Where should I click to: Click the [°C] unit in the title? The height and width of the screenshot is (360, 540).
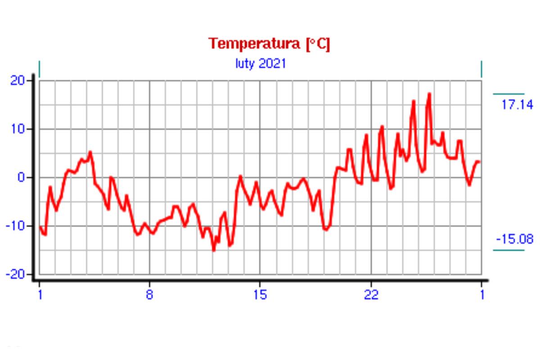[318, 44]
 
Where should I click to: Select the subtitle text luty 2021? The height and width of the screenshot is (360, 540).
[261, 63]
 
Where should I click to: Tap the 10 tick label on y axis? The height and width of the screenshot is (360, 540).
[19, 129]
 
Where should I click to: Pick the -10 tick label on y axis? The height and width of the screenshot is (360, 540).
[17, 225]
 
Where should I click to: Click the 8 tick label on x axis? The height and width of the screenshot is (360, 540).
[149, 295]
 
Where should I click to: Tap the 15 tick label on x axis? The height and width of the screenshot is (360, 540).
[260, 295]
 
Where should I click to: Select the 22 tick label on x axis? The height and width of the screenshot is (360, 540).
[371, 295]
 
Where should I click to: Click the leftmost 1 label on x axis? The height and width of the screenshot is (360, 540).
[40, 295]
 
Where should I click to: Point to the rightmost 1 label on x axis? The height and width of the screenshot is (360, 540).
[482, 295]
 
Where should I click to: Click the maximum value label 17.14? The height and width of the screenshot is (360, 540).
[517, 105]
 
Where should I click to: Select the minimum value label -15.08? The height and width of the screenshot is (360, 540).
[514, 238]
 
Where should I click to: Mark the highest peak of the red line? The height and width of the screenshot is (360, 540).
[429, 94]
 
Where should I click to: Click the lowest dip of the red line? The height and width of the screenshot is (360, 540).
[214, 250]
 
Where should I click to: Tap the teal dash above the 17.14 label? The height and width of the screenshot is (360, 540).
[508, 94]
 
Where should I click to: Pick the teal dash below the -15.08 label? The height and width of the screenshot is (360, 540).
[508, 250]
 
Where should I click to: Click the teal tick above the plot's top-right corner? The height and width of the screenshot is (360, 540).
[481, 69]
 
